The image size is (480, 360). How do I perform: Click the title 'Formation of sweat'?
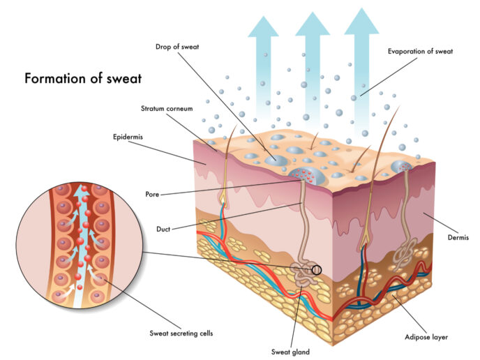tap(83, 78)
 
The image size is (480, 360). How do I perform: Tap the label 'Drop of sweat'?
tap(177, 47)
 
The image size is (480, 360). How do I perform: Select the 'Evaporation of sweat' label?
tap(420, 52)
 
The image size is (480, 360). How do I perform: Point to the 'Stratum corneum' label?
tap(167, 109)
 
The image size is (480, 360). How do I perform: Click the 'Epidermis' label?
tap(128, 137)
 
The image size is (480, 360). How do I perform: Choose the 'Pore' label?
tap(152, 195)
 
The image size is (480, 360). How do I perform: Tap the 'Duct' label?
tap(163, 230)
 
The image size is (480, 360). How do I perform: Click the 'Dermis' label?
tap(458, 237)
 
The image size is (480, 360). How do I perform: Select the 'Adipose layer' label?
tap(426, 338)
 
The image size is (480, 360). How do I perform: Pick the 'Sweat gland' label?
tap(290, 352)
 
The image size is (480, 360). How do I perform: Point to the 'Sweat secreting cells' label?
tap(181, 333)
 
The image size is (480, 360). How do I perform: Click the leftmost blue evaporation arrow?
tap(263, 68)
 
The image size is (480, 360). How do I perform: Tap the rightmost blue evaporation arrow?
tap(361, 70)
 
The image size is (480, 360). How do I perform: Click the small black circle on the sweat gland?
tap(317, 270)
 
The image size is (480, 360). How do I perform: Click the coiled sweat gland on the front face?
tap(303, 273)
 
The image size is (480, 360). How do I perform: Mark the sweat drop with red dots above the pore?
tap(306, 176)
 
